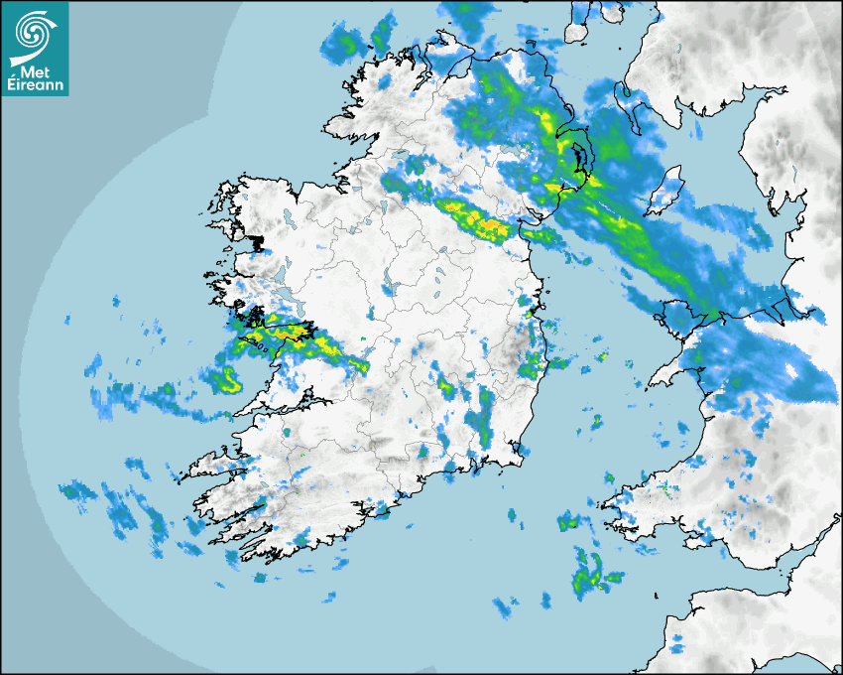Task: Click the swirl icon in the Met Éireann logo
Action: coord(34,31)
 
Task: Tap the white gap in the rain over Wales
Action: coord(791,371)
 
